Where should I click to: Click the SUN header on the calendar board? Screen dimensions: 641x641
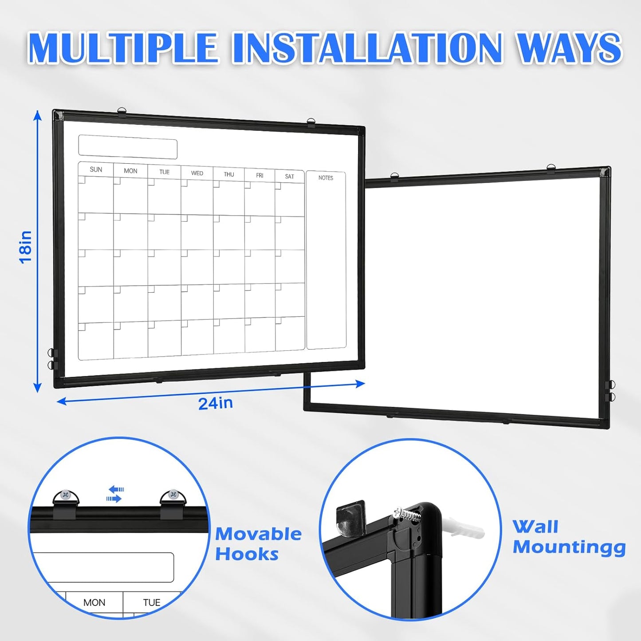pos(96,169)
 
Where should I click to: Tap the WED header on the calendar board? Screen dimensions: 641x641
pos(197,173)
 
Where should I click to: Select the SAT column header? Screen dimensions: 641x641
pos(289,177)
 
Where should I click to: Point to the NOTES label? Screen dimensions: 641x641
pos(326,178)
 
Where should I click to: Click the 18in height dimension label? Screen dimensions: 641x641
pos(26,248)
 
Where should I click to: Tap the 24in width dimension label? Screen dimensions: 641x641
pos(215,403)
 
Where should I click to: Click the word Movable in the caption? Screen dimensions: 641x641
pos(258,534)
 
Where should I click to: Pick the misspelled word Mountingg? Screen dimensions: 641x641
pos(569,547)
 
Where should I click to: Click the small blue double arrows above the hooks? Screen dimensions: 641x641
pos(115,494)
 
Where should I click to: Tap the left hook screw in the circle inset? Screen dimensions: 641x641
pos(66,494)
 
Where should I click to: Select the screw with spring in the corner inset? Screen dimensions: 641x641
pos(407,514)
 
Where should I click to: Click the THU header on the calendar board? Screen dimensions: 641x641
pos(229,174)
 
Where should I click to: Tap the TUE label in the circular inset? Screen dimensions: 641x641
pos(151,602)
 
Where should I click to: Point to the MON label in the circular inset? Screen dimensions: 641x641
pos(94,602)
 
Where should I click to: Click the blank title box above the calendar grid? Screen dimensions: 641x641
pos(128,149)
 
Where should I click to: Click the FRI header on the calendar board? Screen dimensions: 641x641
pos(260,176)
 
